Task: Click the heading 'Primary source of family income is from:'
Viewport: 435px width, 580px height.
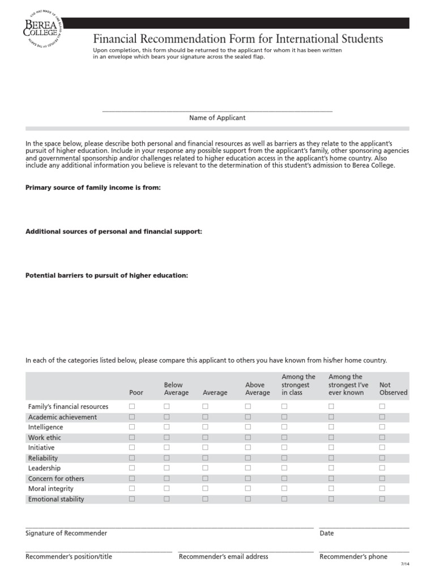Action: pos(93,187)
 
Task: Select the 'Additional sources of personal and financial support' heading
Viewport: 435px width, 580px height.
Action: pos(114,232)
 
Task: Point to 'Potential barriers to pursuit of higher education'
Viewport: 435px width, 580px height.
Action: pos(106,275)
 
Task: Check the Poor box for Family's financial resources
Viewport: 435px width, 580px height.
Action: pos(132,407)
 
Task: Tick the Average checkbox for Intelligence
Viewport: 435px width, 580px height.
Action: pos(205,427)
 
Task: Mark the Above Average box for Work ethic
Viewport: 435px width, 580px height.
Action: pos(248,437)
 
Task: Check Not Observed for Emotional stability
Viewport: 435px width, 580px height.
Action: pos(382,499)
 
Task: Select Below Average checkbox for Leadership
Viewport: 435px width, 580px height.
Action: pos(167,468)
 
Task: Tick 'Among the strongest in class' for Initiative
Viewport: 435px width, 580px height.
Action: pos(284,447)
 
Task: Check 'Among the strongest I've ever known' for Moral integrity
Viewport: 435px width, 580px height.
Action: pos(331,489)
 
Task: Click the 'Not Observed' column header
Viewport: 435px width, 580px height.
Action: pos(393,389)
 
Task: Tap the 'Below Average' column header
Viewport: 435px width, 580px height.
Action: pos(176,389)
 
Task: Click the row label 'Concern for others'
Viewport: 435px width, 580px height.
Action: pos(56,479)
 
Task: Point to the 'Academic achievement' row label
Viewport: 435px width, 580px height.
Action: pos(62,417)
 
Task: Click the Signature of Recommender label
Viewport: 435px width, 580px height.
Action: pos(66,534)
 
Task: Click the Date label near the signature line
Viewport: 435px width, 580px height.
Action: pos(327,534)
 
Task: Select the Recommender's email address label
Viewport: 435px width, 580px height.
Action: pos(223,557)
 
